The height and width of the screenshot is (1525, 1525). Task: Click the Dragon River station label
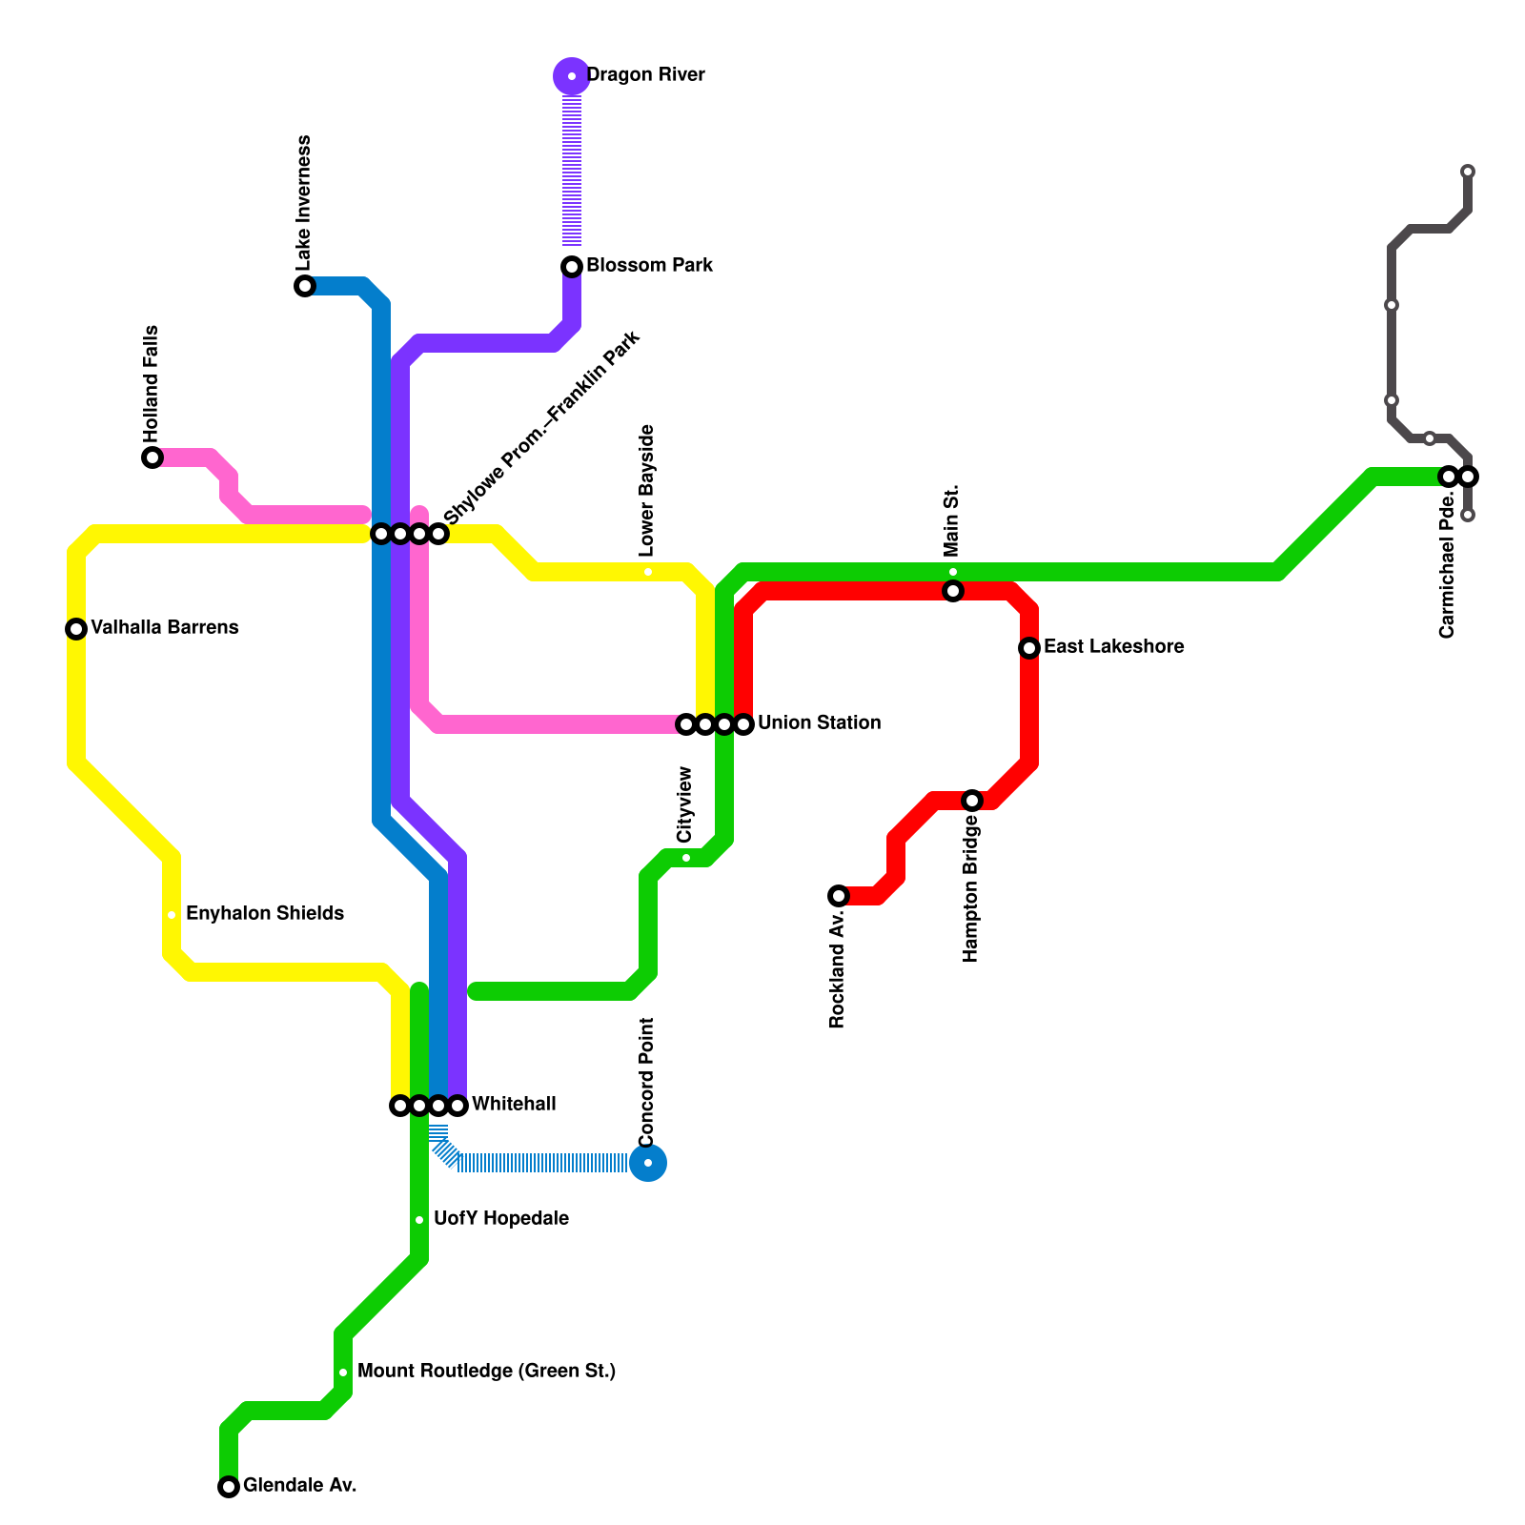click(x=645, y=75)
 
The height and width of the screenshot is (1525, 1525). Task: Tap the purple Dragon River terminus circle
click(x=572, y=76)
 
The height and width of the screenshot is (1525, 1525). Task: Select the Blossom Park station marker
click(x=572, y=267)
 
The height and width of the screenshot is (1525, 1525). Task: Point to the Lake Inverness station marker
click(x=305, y=286)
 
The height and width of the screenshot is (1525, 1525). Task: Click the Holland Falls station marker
click(x=152, y=457)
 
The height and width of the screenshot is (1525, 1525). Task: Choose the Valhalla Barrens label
click(x=164, y=628)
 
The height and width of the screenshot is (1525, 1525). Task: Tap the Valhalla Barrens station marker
click(x=76, y=629)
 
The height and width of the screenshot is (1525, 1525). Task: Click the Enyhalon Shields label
click(x=265, y=914)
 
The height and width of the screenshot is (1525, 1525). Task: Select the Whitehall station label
click(x=514, y=1105)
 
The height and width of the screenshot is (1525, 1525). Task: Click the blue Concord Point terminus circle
click(x=648, y=1163)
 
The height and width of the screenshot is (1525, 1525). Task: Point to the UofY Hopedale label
click(x=501, y=1219)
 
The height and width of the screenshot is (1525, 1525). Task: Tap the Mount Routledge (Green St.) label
click(x=486, y=1372)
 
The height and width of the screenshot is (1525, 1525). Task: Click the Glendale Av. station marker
click(x=229, y=1487)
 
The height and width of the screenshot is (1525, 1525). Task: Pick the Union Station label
click(x=819, y=723)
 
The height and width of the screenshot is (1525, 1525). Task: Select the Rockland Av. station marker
click(x=839, y=896)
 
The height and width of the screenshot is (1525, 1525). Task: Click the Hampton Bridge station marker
click(x=972, y=801)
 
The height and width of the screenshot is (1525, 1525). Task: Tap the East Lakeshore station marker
click(x=1029, y=648)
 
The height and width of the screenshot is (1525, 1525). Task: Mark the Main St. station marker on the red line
click(x=953, y=592)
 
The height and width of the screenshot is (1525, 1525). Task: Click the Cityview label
click(x=684, y=805)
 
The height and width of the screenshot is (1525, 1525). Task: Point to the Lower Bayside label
click(x=647, y=491)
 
